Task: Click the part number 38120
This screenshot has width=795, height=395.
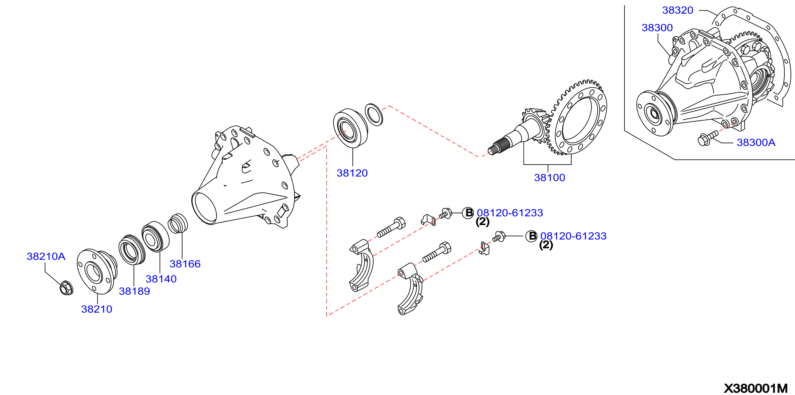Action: pos(352,173)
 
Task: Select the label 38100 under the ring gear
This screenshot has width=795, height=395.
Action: pos(550,178)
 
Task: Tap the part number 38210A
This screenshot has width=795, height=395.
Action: pos(46,256)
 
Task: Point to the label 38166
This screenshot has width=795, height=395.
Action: pos(185,264)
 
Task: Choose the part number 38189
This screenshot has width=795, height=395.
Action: pos(134,291)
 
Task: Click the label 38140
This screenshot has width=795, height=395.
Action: pos(161,279)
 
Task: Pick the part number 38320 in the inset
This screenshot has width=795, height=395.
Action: pos(678,10)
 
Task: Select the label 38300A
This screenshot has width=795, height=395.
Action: pos(756,143)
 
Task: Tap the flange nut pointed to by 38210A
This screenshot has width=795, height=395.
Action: pos(66,288)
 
